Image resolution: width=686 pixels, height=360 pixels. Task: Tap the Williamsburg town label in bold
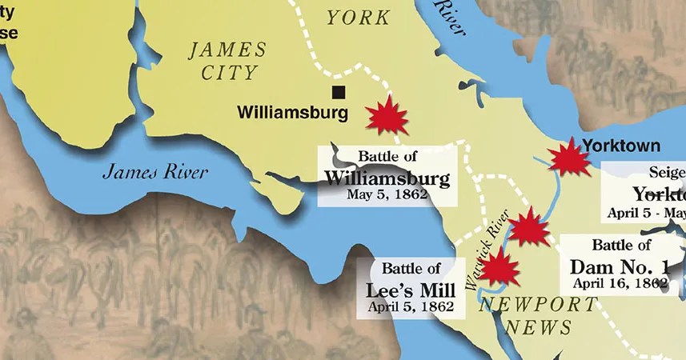pos(293,114)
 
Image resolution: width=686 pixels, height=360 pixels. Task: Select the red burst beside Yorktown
pos(571,157)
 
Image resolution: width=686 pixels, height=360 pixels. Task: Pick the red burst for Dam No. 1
pos(528,227)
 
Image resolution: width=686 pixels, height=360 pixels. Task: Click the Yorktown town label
pos(622,146)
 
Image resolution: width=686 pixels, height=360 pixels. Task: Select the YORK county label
pos(359,18)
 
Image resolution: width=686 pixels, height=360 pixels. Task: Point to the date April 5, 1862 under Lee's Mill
pos(411,306)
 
